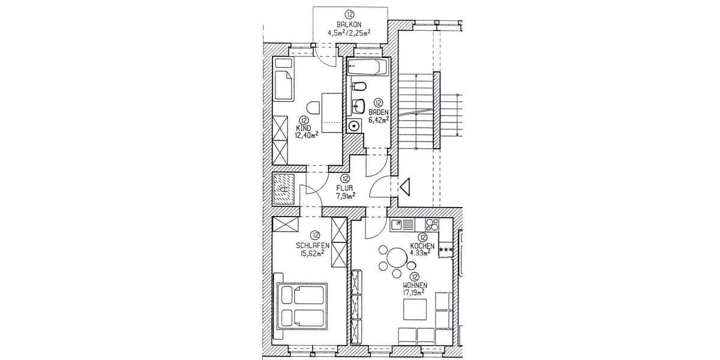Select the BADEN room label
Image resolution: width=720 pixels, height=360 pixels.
pos(379,112)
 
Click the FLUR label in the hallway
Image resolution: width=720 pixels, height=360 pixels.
pos(344,187)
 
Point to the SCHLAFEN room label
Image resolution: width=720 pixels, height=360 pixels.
pos(313,245)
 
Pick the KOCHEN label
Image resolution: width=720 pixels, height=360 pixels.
pos(422,245)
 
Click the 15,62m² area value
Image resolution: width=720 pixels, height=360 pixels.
pos(313,253)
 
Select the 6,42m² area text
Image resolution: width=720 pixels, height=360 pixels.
pos(379,119)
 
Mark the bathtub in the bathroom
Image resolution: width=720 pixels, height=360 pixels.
pos(368,67)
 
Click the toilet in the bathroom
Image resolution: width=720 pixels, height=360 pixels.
pos(359,86)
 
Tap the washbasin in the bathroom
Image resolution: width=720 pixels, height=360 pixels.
pos(358,106)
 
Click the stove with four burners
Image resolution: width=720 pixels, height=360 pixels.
pos(431,226)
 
